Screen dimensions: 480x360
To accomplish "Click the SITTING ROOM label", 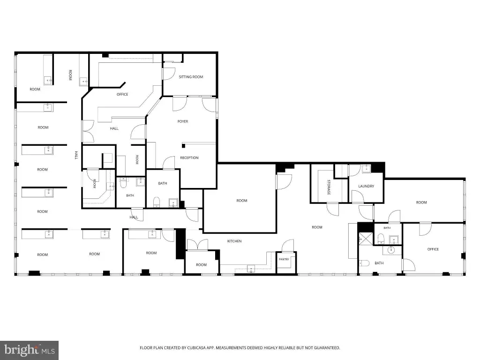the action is [x=191, y=77].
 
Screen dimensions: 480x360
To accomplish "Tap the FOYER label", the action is [x=183, y=121].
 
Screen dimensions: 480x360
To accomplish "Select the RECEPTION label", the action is [x=189, y=157].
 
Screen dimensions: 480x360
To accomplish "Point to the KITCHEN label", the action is [x=234, y=241].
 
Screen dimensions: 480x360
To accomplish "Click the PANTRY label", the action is [x=284, y=259].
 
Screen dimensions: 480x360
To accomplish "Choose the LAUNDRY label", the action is [x=366, y=186].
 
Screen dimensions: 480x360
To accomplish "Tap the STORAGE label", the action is [x=329, y=187].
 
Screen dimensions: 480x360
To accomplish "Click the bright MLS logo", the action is [x=29, y=350].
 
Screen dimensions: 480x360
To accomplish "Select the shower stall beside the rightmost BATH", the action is [x=366, y=239].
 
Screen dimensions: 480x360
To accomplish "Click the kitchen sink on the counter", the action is [x=251, y=269].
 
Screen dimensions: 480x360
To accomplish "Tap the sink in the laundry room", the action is [x=366, y=169].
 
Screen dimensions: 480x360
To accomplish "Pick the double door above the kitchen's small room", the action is [x=197, y=245].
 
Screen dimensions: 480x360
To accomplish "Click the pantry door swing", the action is [x=288, y=246].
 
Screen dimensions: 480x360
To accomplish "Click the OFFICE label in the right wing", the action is [x=433, y=249].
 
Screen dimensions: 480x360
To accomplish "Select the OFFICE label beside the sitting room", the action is [x=122, y=94].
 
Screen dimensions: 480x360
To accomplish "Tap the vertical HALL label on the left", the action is [x=76, y=155].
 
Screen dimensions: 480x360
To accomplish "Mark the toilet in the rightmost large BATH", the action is [x=364, y=263].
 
